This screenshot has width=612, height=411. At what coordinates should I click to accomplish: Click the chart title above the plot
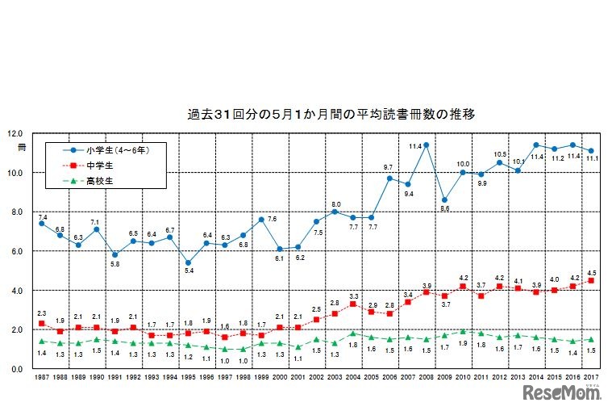(331, 115)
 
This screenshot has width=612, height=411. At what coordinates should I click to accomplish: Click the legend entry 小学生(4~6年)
(118, 150)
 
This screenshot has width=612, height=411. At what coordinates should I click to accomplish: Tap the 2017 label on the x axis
(591, 377)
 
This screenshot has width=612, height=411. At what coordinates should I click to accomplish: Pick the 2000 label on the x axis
(280, 377)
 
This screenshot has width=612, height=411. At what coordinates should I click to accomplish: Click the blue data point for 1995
(188, 262)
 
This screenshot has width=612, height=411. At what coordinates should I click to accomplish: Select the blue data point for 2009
(444, 199)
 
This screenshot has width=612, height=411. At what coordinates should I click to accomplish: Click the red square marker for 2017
(591, 281)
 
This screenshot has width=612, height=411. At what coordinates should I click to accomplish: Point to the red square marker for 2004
(353, 304)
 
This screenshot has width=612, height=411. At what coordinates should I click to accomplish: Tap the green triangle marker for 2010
(463, 331)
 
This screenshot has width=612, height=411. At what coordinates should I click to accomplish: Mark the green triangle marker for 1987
(41, 341)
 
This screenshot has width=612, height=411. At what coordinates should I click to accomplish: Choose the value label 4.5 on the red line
(592, 271)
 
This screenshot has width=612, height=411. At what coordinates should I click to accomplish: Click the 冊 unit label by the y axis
(22, 148)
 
